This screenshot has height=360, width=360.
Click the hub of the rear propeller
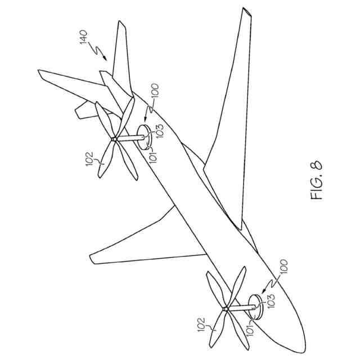point(115,138)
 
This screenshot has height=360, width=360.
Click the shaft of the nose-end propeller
point(241,308)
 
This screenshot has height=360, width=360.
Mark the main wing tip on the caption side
point(244,11)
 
